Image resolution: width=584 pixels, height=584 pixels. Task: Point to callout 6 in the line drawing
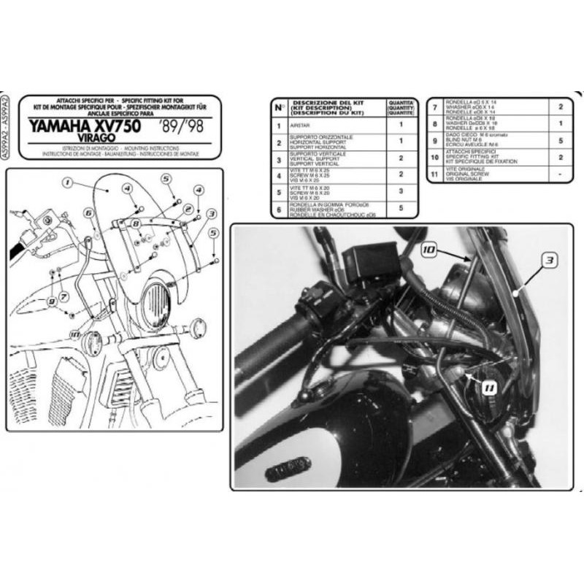tap(88, 212)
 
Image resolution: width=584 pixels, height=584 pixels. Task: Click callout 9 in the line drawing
tap(53, 300)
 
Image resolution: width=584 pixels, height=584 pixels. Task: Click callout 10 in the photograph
tap(429, 250)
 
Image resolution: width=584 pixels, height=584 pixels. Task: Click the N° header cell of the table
tap(278, 107)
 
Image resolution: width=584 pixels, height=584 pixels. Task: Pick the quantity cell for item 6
tap(400, 210)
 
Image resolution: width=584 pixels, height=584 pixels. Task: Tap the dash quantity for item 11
tap(561, 174)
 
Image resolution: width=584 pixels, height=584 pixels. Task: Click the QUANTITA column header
tap(400, 107)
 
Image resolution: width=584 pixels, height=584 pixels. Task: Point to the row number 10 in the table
tap(436, 157)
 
